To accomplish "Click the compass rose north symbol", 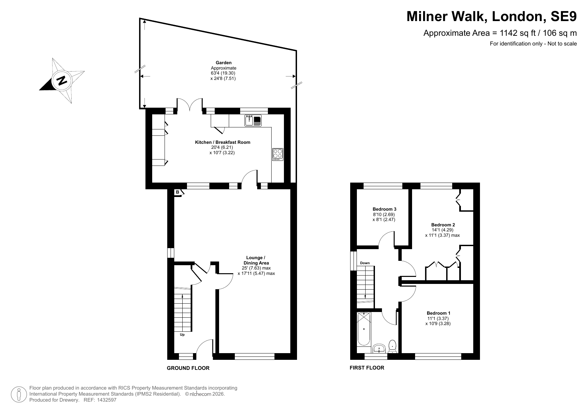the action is [x=62, y=81].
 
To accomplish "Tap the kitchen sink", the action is [x=253, y=120].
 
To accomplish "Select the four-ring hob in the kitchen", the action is [x=278, y=154].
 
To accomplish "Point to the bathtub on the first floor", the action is [x=364, y=329].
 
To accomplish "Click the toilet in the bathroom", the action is [x=393, y=347].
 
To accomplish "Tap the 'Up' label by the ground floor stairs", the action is [x=182, y=334].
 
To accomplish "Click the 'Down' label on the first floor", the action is [x=365, y=263].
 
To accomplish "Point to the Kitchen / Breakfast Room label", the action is [x=222, y=142].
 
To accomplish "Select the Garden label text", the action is [x=223, y=63].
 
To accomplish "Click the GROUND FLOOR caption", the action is [x=188, y=368].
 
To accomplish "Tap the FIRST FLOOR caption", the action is [x=367, y=368].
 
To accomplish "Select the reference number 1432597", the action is [x=107, y=400].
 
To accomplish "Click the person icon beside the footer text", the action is [x=19, y=395].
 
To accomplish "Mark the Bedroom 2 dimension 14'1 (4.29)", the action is [x=442, y=230].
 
